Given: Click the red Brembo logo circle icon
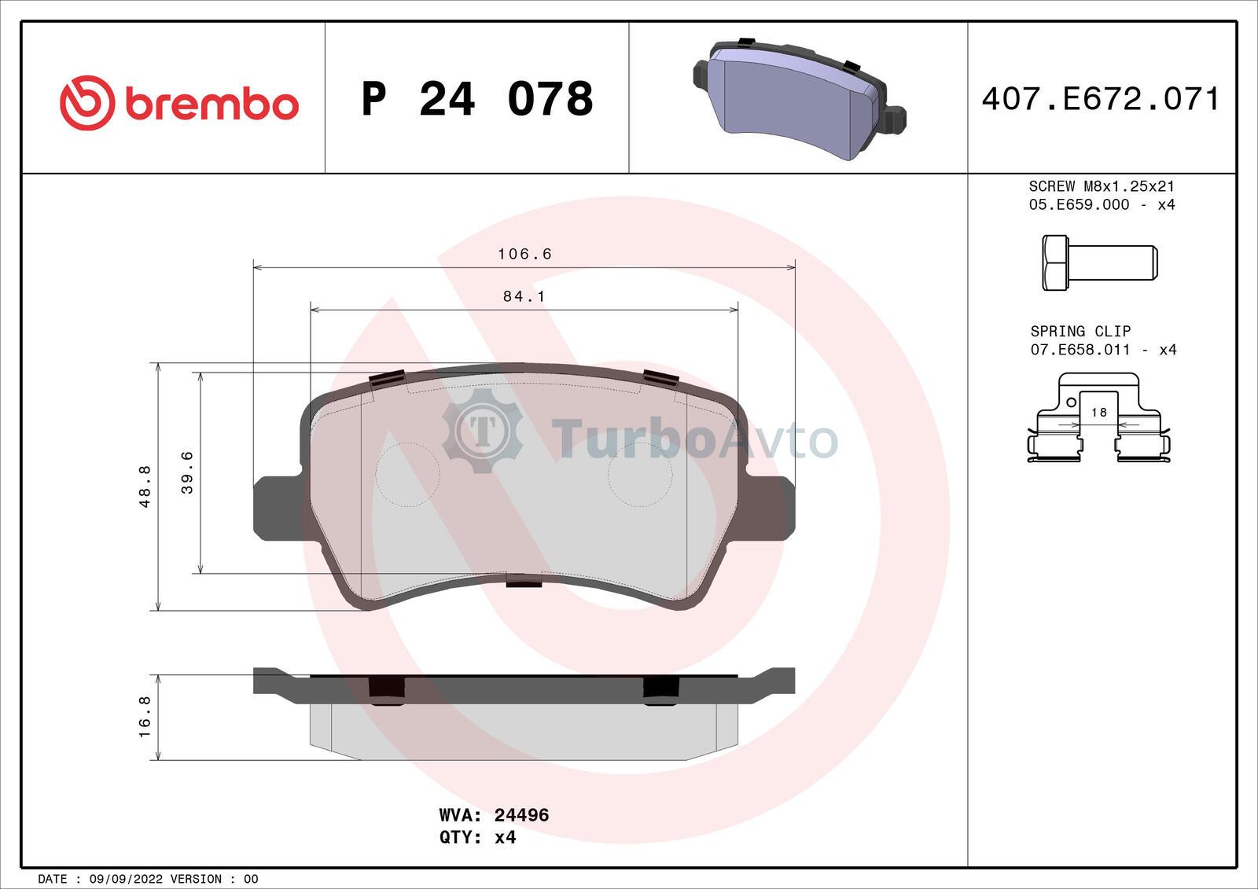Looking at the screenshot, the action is [x=87, y=103].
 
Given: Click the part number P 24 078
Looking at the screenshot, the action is [x=477, y=99].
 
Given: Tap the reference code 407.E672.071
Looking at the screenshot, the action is [x=1102, y=99].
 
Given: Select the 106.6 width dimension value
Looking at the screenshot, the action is [x=524, y=254].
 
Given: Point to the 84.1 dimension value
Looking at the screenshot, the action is [x=524, y=296].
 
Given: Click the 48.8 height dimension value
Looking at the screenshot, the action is [x=145, y=487].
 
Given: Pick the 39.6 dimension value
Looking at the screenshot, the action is [x=187, y=472].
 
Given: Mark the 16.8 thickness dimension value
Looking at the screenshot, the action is [x=145, y=717].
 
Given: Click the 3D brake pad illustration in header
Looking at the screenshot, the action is [x=799, y=99].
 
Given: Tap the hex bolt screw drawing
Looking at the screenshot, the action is [x=1100, y=263].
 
